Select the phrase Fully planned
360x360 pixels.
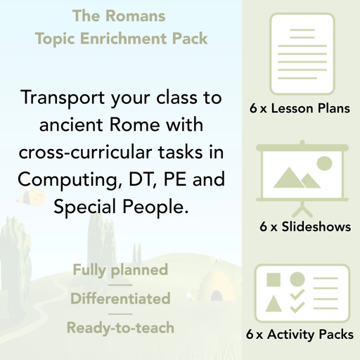[x=120, y=270]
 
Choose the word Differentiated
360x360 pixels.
[x=120, y=299]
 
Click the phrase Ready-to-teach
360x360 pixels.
[x=120, y=328]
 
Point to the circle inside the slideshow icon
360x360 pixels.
[x=323, y=164]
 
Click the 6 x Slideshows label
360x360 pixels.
[x=304, y=227]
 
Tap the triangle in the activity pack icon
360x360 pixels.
[x=275, y=304]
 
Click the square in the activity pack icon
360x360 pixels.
[x=275, y=280]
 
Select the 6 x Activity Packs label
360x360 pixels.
[x=301, y=335]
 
